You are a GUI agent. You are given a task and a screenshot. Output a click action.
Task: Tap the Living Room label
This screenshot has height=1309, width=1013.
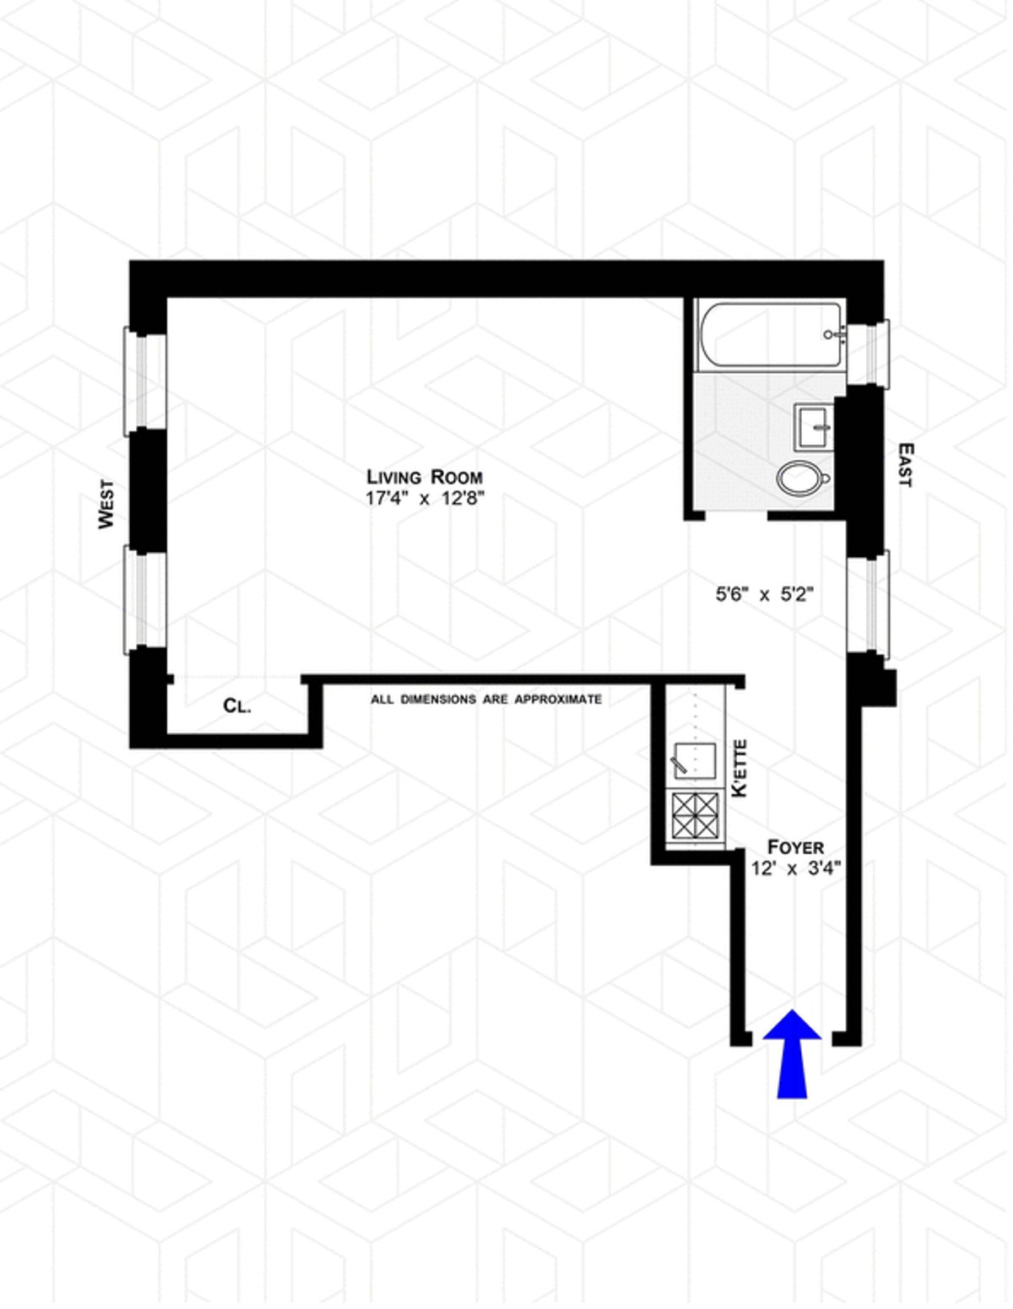pyautogui.click(x=425, y=477)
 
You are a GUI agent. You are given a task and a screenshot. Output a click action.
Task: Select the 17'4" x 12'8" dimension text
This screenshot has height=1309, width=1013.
pyautogui.click(x=425, y=500)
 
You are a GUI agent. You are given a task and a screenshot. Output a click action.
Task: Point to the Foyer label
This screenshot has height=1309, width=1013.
pyautogui.click(x=795, y=847)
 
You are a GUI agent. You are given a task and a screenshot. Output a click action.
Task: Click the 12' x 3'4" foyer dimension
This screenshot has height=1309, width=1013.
pyautogui.click(x=795, y=869)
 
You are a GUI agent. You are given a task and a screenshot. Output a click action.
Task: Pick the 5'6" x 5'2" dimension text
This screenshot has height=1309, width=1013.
pyautogui.click(x=764, y=595)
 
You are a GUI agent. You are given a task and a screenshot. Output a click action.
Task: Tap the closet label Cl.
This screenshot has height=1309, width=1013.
pyautogui.click(x=236, y=706)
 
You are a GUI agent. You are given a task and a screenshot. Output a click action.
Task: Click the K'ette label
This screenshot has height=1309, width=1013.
pyautogui.click(x=739, y=768)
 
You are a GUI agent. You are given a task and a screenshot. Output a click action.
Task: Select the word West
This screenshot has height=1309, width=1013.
pyautogui.click(x=106, y=504)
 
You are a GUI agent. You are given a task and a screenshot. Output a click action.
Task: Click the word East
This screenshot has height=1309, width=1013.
pyautogui.click(x=906, y=465)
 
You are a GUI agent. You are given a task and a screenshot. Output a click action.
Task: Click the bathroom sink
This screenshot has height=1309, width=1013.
pyautogui.click(x=813, y=427)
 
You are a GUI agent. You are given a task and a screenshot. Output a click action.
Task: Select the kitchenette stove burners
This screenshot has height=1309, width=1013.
pyautogui.click(x=696, y=815)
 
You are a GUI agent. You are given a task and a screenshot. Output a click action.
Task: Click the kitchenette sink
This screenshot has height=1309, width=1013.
pyautogui.click(x=695, y=761)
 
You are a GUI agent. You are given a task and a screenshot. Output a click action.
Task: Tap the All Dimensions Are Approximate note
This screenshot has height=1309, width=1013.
pyautogui.click(x=486, y=700)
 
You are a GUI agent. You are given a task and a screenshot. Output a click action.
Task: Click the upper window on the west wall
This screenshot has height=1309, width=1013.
pyautogui.click(x=144, y=381)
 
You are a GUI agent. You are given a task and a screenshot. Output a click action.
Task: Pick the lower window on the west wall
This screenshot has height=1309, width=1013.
pyautogui.click(x=144, y=599)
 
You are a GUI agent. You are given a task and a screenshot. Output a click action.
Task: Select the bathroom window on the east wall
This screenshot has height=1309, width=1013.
pyautogui.click(x=868, y=353)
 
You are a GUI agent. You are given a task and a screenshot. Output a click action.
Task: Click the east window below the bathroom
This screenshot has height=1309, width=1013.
pyautogui.click(x=868, y=604)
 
